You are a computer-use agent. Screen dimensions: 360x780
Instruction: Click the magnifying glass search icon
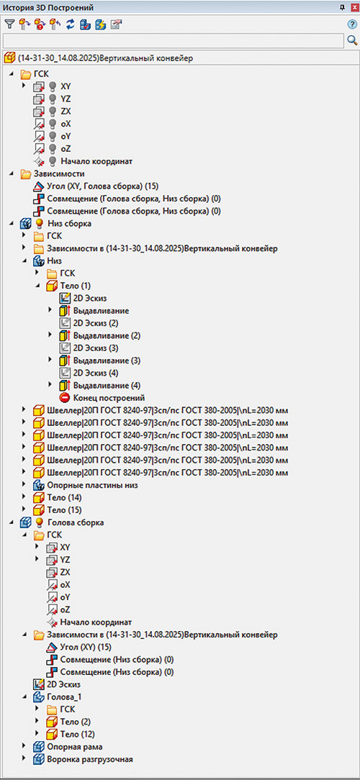pyautogui.click(x=353, y=40)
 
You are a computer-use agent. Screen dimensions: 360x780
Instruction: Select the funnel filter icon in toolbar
pyautogui.click(x=9, y=24)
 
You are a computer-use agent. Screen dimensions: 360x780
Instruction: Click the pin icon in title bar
pyautogui.click(x=342, y=6)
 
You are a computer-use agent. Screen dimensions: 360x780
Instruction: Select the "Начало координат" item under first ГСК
pyautogui.click(x=96, y=161)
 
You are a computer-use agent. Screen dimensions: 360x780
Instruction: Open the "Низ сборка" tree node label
pyautogui.click(x=70, y=223)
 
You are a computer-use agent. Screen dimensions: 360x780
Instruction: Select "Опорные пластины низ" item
pyautogui.click(x=92, y=484)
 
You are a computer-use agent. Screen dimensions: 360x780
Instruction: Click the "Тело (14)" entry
pyautogui.click(x=65, y=497)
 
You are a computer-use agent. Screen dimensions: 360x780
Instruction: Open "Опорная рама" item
pyautogui.click(x=75, y=746)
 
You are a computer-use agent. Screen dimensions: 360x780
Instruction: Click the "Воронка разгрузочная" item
pyautogui.click(x=90, y=759)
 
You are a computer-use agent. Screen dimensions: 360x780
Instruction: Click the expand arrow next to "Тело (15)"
pyautogui.click(x=24, y=509)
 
